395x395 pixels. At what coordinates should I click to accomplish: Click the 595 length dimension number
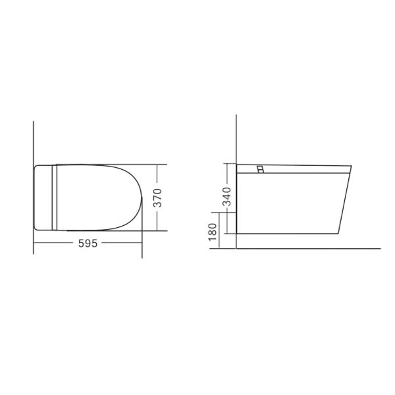point(88,243)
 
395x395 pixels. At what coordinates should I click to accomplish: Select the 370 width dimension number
point(158,197)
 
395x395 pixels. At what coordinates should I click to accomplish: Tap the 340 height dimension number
point(227,197)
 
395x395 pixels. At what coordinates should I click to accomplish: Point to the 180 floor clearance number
point(212,232)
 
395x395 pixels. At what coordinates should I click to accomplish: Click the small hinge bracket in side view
point(261,169)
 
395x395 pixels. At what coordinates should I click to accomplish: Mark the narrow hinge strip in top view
point(55,197)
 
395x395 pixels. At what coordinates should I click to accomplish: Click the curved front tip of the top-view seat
point(141,197)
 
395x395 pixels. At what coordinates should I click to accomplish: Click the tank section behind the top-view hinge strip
point(43,197)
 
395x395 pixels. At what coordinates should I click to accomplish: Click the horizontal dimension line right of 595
point(122,243)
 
